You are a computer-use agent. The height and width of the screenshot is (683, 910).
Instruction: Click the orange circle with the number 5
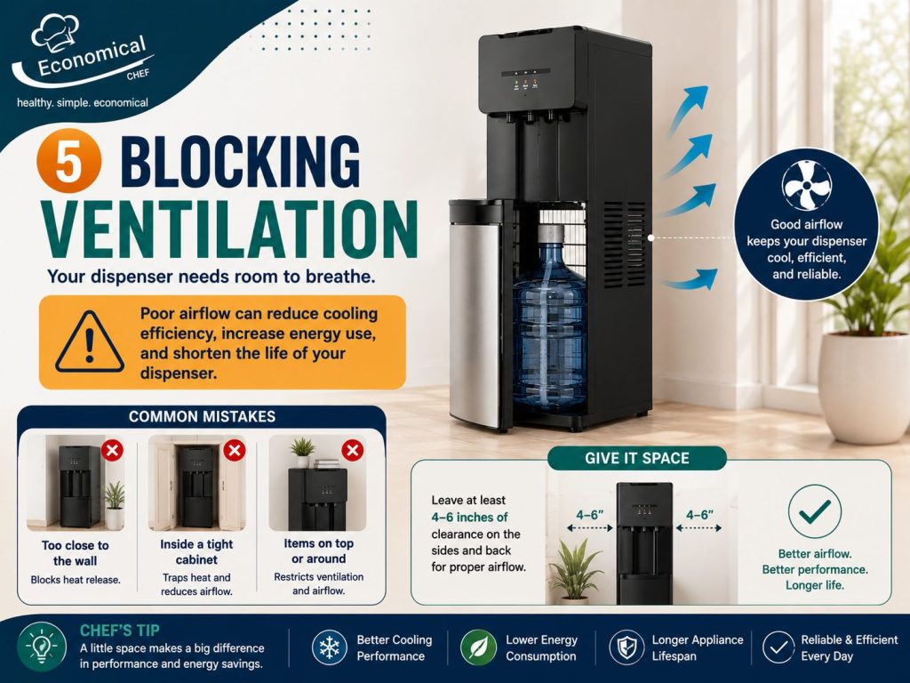click(68, 160)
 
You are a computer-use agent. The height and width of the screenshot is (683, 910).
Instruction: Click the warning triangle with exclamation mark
click(90, 342)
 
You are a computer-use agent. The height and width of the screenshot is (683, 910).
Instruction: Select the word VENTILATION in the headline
click(229, 230)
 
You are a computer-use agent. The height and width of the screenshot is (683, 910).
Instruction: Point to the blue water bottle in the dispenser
click(549, 319)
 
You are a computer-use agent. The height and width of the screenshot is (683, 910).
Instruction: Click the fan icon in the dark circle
click(806, 185)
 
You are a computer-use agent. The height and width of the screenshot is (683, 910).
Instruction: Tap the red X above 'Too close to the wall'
click(112, 450)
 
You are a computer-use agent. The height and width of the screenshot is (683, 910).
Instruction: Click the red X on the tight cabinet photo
click(235, 450)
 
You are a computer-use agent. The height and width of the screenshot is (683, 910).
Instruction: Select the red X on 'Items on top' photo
click(352, 450)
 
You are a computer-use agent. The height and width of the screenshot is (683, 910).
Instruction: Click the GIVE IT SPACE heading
click(636, 458)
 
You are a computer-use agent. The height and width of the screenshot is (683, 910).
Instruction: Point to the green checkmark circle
click(814, 511)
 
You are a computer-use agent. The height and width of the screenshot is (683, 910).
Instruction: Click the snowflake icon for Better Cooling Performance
click(329, 647)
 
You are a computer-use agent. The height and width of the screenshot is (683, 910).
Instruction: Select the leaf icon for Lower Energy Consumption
click(478, 647)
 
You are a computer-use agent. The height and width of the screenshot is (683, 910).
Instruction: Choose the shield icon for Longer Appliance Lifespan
click(627, 647)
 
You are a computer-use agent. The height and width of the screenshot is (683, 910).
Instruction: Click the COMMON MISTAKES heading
click(202, 416)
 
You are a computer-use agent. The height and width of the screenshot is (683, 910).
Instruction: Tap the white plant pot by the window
click(864, 386)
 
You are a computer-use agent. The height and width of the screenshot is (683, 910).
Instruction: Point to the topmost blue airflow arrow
click(689, 110)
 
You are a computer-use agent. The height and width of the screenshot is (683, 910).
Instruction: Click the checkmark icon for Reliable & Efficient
click(778, 647)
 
